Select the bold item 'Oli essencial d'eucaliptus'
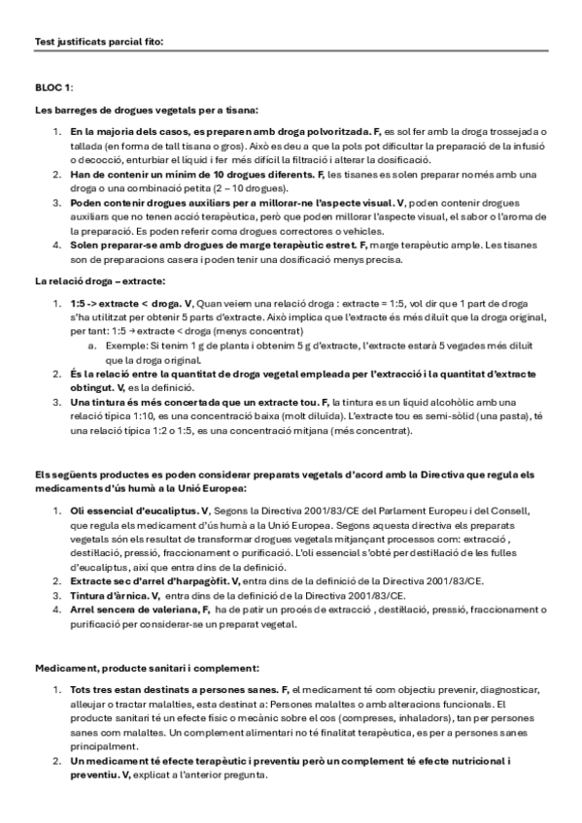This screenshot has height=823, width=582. point(134,510)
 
